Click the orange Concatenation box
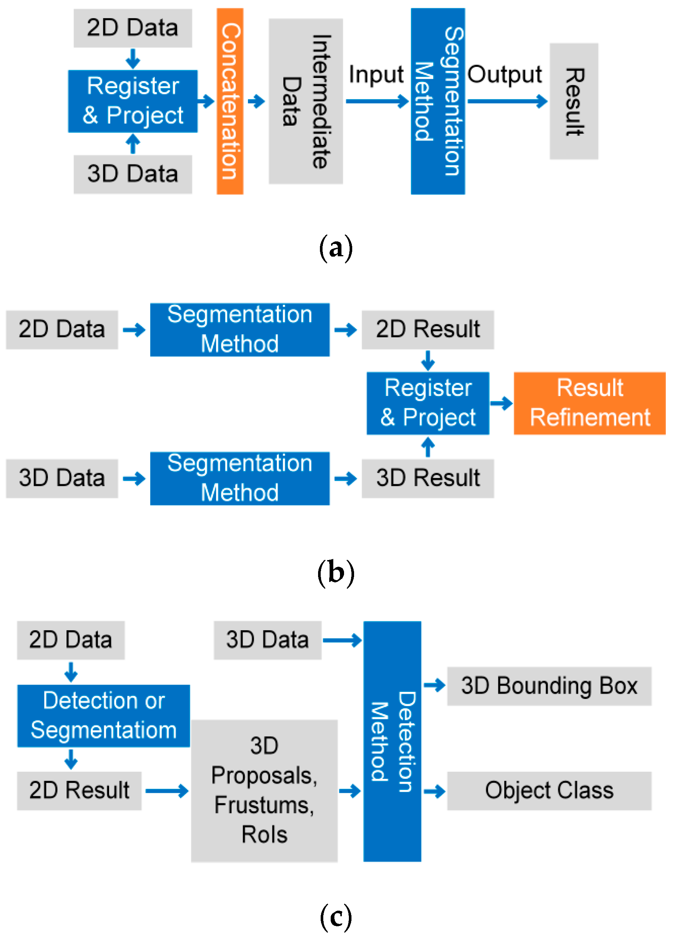230,101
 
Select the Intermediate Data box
306,101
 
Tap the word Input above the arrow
376,75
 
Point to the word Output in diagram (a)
504,75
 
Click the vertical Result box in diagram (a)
574,101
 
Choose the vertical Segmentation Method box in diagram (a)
438,101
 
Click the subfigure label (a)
336,248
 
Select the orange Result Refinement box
589,403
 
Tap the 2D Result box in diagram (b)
428,329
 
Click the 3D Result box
428,478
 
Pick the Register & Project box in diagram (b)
428,403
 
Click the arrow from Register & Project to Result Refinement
501,403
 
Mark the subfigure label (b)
336,573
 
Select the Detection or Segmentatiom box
104,715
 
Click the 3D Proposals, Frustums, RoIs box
264,790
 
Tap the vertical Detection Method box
392,741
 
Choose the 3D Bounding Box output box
549,686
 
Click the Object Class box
549,790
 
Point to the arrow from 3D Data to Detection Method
342,640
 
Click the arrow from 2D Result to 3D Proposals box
167,790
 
